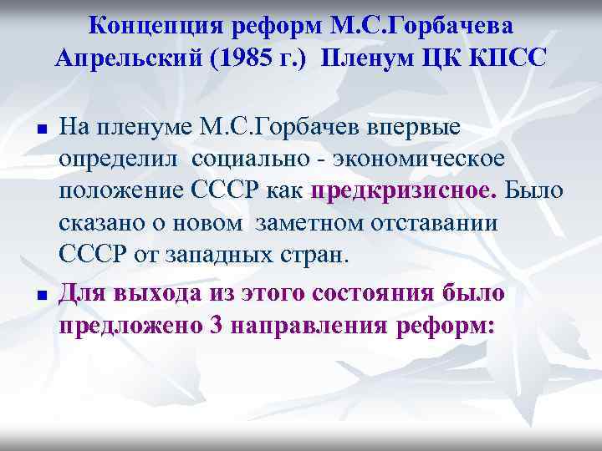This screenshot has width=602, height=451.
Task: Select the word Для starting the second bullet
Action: point(82,293)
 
